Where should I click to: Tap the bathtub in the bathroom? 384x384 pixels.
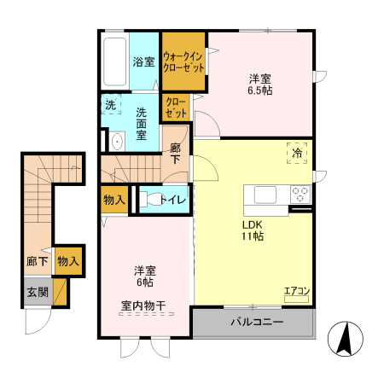pos(114,61)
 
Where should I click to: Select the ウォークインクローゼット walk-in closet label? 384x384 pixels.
pos(183,61)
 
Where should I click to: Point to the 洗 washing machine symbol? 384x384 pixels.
pos(111,106)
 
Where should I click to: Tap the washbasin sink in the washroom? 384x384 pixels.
pos(116,140)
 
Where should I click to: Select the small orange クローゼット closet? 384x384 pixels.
pos(176,108)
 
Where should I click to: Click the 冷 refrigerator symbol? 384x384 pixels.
pos(298,153)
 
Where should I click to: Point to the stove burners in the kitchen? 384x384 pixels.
pos(300,192)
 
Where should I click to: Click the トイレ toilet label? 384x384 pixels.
pos(175,200)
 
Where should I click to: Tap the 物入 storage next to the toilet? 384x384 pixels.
pos(114,200)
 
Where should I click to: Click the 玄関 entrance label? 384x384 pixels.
pos(37,290)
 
